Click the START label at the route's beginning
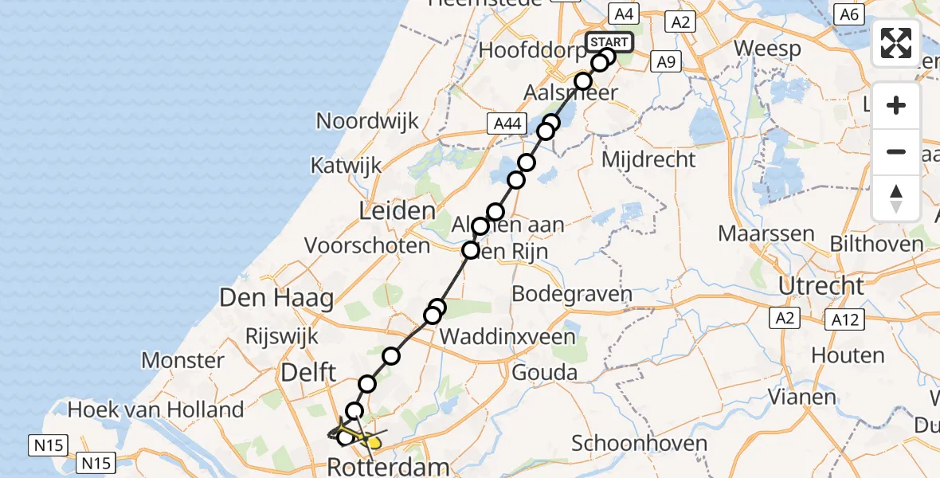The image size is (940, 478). tap(609, 41)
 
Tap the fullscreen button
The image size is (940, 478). tap(896, 43)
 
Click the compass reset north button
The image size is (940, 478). tap(896, 198)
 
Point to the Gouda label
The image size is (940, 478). tap(545, 372)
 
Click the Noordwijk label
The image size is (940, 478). tap(367, 121)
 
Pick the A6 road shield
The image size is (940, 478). tap(850, 14)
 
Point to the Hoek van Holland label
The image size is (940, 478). tap(156, 410)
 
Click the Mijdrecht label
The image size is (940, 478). tap(648, 159)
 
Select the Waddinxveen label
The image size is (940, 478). tap(507, 336)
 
